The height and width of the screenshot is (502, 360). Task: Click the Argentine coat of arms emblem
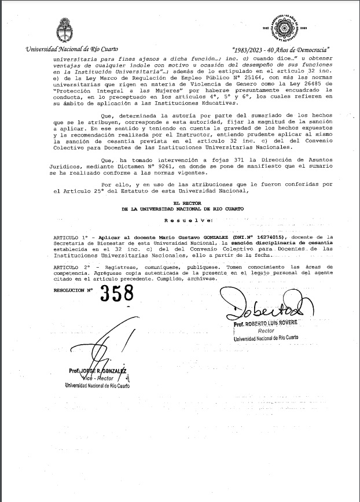point(63,29)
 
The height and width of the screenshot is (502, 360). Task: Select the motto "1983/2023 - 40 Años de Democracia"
point(280,50)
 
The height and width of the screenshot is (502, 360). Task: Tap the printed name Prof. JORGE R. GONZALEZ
point(95,371)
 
